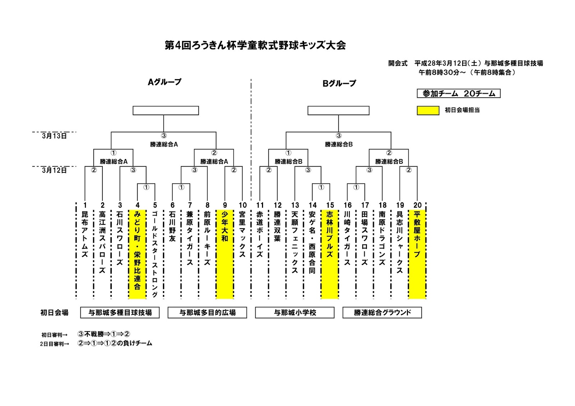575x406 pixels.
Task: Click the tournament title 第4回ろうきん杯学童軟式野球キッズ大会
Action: [255, 46]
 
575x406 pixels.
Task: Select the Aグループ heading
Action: [165, 82]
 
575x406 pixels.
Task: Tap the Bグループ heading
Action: [339, 84]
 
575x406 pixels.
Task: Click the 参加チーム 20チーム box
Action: [459, 94]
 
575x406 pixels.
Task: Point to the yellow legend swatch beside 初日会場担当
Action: [428, 111]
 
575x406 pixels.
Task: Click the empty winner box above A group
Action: [166, 111]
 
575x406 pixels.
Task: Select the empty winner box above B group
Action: [338, 111]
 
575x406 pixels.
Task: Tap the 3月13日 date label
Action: [54, 136]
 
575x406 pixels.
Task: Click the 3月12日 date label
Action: [54, 171]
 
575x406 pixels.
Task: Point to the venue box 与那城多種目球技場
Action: [120, 313]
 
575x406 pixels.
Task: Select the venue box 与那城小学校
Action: [295, 313]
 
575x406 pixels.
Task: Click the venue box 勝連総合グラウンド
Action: [382, 313]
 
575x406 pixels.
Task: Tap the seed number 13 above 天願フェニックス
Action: [295, 205]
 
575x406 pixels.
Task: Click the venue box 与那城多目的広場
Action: [207, 313]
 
